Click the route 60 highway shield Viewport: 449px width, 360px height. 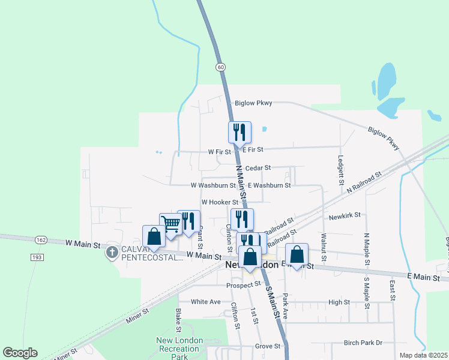(221, 67)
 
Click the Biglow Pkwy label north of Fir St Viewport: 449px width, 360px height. (253, 103)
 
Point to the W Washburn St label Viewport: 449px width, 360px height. (213, 186)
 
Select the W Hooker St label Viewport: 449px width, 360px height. (220, 202)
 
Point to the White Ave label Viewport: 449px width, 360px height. (206, 302)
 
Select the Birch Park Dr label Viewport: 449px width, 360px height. (363, 343)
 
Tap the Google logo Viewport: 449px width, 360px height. (20, 353)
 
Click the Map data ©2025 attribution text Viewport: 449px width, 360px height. (423, 355)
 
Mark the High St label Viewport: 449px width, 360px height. (339, 302)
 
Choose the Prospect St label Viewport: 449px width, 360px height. (244, 285)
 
